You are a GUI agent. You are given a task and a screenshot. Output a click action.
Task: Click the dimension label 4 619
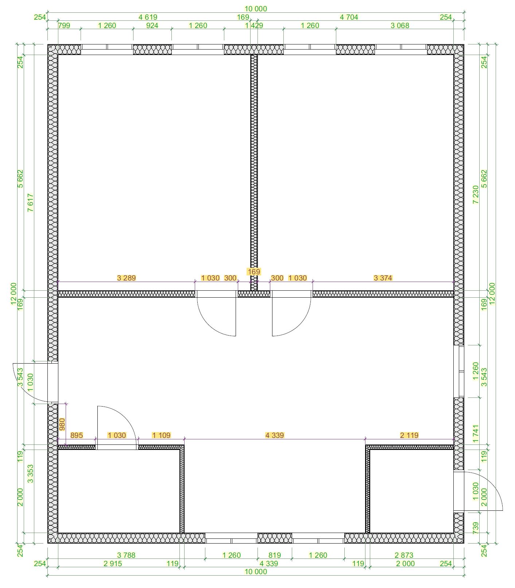(148, 17)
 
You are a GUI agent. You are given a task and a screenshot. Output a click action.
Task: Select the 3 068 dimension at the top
(400, 26)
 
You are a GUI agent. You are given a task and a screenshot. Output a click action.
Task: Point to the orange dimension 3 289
(126, 278)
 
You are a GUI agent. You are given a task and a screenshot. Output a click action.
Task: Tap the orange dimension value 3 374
(383, 278)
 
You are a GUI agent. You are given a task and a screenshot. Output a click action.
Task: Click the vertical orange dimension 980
(62, 424)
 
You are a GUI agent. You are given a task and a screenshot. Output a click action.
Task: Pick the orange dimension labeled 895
(77, 435)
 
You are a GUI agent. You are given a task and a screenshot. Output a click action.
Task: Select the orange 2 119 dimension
(409, 435)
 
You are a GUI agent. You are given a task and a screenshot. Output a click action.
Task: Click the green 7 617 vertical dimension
(31, 203)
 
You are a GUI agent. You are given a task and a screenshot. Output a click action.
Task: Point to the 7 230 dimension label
(476, 195)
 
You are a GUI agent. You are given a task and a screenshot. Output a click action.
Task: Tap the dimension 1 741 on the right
(476, 434)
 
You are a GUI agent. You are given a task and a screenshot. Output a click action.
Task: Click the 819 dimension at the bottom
(275, 555)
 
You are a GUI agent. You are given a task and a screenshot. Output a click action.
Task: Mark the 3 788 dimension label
(126, 555)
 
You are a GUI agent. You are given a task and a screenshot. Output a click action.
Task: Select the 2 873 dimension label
(404, 555)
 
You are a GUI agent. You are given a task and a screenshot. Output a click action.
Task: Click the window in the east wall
(459, 371)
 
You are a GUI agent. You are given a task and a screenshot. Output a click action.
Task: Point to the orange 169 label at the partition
(254, 272)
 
